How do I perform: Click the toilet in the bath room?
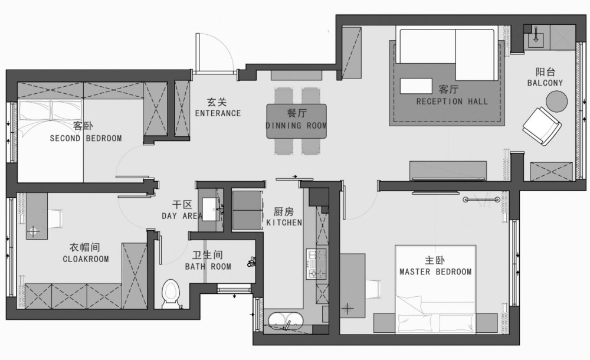(171, 293)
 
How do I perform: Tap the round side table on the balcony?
(556, 102)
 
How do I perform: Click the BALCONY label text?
(545, 83)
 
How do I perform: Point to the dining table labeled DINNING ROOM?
(297, 121)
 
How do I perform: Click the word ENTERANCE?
(218, 113)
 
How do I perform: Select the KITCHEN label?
(284, 222)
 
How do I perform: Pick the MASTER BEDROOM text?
(435, 271)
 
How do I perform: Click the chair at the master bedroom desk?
(373, 289)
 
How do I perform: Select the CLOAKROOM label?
(86, 259)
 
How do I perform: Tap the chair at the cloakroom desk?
(55, 219)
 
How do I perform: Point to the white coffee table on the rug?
(416, 86)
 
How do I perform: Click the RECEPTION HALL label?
(452, 102)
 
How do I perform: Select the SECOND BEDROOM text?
(86, 138)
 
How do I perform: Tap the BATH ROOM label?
(208, 267)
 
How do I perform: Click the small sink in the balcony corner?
(536, 38)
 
